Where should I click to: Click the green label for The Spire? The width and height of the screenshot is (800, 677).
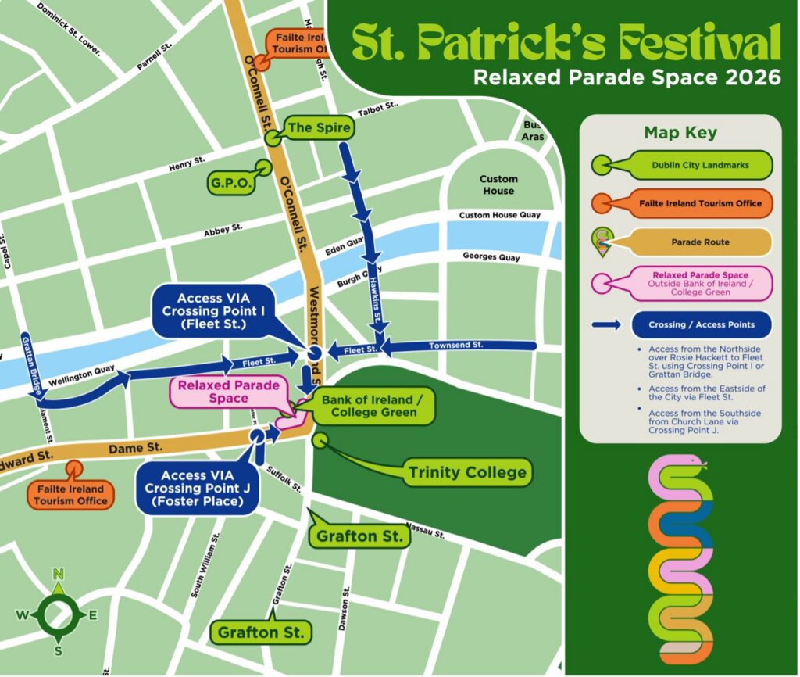click(x=320, y=127)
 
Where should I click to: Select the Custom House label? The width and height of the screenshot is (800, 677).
click(x=498, y=184)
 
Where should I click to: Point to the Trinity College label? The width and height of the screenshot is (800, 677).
click(x=467, y=472)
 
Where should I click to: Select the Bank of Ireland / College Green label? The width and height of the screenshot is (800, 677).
click(x=372, y=406)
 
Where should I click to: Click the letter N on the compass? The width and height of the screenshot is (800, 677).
click(x=58, y=575)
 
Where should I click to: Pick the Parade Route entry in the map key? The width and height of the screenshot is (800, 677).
click(x=700, y=242)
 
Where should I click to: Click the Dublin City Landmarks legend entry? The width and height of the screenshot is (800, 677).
click(x=700, y=165)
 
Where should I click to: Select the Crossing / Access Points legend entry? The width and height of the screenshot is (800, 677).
click(x=700, y=324)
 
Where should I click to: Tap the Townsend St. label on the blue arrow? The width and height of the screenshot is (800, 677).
click(x=456, y=345)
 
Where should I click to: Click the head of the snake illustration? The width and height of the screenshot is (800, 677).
click(x=695, y=467)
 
